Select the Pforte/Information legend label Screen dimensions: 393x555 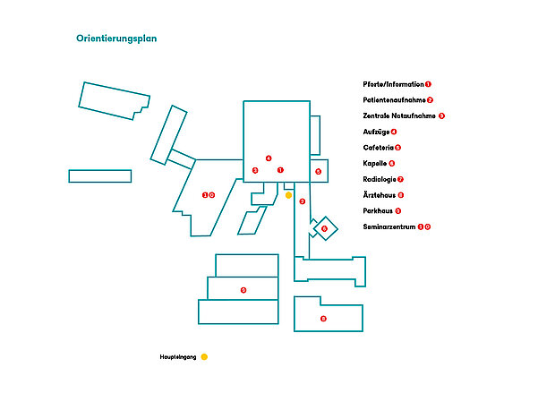393,84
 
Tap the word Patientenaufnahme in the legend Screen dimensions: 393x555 394,100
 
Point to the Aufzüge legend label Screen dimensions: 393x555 376,132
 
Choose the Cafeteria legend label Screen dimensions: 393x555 378,148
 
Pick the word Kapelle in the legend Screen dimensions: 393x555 375,163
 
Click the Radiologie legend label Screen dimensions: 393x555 380,179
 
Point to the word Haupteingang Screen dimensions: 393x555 178,357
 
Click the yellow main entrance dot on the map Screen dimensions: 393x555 288,195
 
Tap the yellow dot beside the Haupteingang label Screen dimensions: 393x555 204,357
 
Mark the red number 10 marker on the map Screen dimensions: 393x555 208,195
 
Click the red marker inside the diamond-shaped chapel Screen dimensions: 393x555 324,228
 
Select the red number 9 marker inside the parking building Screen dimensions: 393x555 243,290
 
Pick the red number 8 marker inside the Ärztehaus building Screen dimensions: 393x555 324,319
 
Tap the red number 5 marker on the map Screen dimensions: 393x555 318,171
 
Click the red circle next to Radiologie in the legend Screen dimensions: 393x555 400,179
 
